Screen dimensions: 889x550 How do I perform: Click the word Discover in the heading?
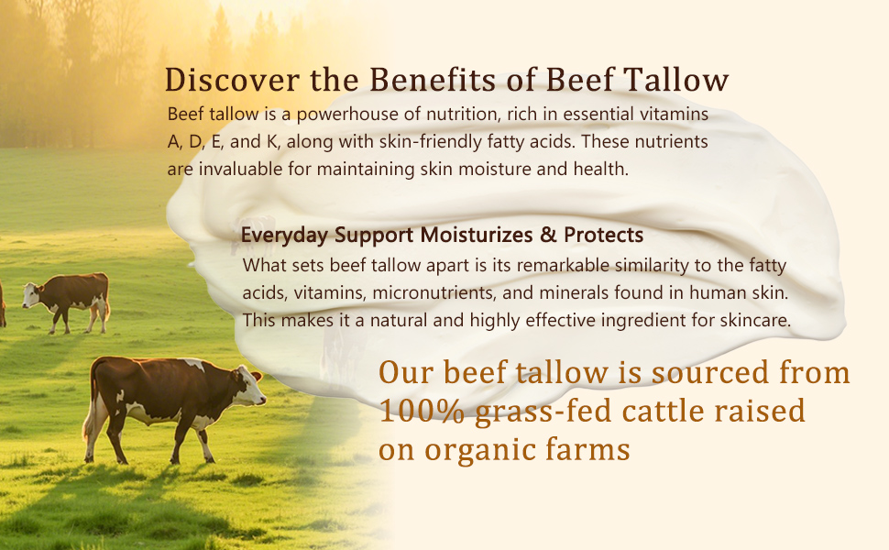pos(232,80)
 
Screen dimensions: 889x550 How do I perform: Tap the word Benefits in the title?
pos(433,80)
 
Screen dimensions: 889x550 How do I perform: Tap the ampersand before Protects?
pos(548,235)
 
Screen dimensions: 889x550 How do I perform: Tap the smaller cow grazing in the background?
pos(67,301)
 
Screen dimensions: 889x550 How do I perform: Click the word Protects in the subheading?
pos(603,235)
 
